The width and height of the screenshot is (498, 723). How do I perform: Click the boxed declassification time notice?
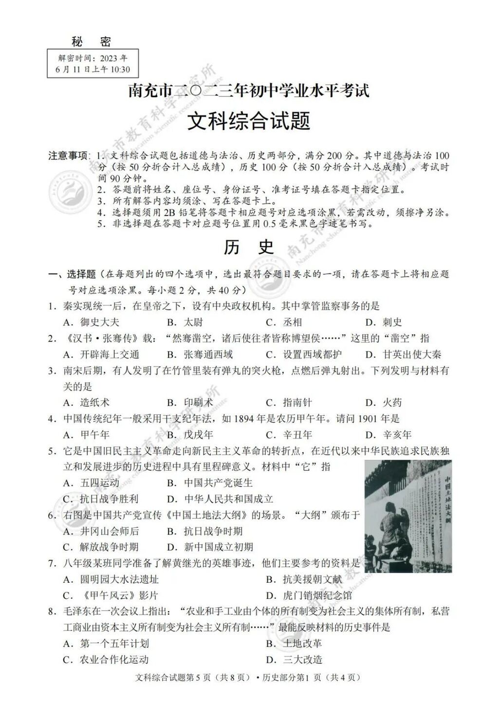[93, 64]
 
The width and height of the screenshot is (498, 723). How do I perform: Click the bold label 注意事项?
[68, 156]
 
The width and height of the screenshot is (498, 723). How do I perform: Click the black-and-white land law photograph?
[408, 516]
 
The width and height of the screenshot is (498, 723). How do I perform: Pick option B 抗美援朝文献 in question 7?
[304, 579]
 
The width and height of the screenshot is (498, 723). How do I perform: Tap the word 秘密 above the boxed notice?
[93, 42]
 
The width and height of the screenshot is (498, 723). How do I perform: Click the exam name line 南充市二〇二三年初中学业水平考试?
[249, 91]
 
